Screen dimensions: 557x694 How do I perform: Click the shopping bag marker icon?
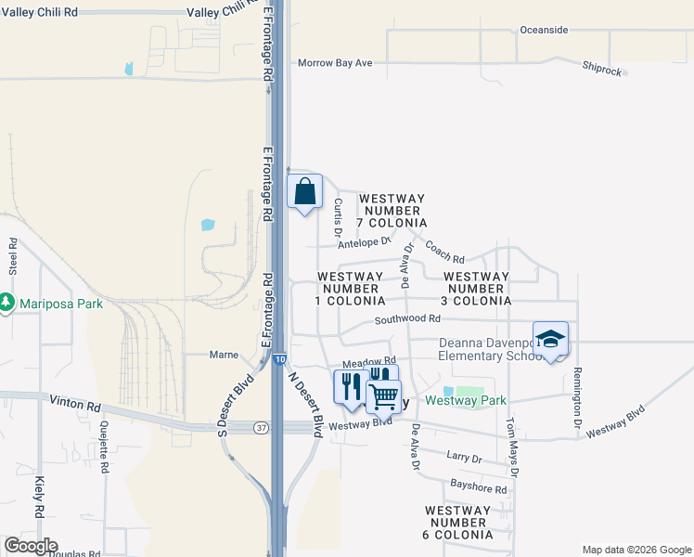(x=305, y=192)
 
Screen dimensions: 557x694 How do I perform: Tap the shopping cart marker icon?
(x=383, y=395)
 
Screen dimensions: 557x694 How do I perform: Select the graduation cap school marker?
(x=550, y=340)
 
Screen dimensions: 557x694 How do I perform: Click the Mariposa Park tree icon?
(x=6, y=304)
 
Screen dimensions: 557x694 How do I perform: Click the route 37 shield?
(x=262, y=426)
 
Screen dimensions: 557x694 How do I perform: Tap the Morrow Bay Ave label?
(x=335, y=63)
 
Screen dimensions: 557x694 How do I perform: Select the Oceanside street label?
(x=544, y=30)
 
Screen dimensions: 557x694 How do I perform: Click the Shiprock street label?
(x=603, y=68)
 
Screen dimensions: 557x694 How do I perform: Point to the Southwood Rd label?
(x=407, y=319)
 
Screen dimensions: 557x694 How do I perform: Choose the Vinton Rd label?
(x=80, y=406)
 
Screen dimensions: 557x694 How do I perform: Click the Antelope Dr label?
(x=364, y=243)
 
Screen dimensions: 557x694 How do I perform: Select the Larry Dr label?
(x=464, y=459)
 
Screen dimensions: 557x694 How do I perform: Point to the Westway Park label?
(x=466, y=401)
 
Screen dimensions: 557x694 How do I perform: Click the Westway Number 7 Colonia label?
(x=392, y=211)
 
